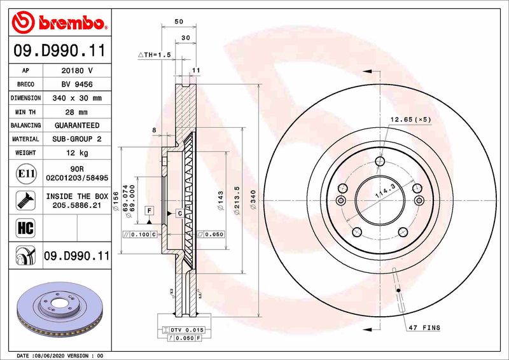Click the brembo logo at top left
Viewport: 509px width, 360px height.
point(58,23)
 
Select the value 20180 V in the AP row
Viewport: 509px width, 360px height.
point(77,71)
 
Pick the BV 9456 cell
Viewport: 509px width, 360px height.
point(77,84)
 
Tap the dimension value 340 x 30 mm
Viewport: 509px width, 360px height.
point(77,98)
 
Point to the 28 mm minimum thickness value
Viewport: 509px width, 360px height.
point(77,112)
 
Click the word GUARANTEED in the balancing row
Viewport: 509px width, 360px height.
point(77,125)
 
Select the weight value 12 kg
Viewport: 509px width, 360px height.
point(77,153)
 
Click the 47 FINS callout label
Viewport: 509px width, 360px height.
point(424,328)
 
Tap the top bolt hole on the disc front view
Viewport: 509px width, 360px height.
point(380,161)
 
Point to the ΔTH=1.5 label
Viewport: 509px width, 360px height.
point(155,55)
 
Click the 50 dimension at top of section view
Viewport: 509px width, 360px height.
point(179,22)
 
